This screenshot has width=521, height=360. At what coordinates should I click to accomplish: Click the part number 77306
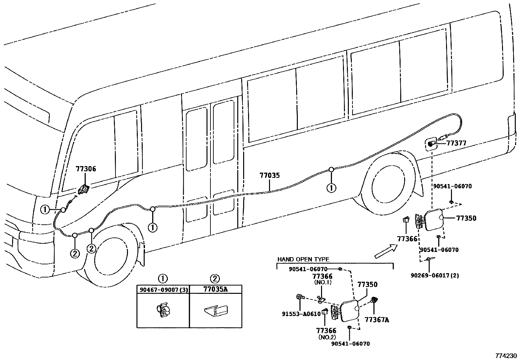click(x=86, y=169)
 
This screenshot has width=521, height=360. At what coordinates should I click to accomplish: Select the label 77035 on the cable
click(x=270, y=176)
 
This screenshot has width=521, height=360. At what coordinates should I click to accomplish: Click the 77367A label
click(x=377, y=320)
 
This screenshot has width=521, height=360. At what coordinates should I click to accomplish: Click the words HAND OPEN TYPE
click(x=303, y=259)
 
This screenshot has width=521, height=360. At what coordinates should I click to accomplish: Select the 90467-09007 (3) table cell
click(x=163, y=290)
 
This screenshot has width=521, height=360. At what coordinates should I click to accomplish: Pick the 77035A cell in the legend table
click(x=215, y=290)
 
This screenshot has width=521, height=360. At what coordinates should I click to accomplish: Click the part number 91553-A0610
click(x=301, y=314)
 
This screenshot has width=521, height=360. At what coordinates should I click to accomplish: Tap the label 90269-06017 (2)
click(x=435, y=275)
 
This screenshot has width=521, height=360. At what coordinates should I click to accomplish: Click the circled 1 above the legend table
click(x=163, y=279)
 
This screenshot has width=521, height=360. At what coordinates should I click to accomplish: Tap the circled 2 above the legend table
click(x=215, y=279)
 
